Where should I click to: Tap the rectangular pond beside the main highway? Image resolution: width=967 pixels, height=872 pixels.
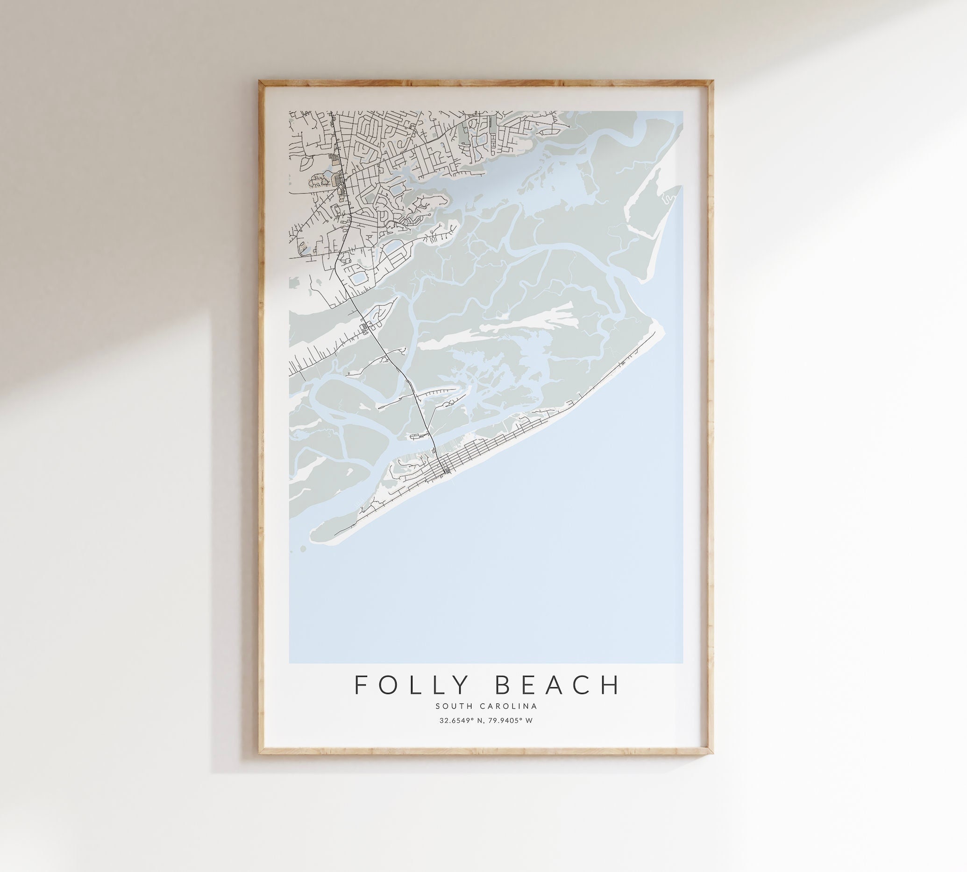tap(358, 278)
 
